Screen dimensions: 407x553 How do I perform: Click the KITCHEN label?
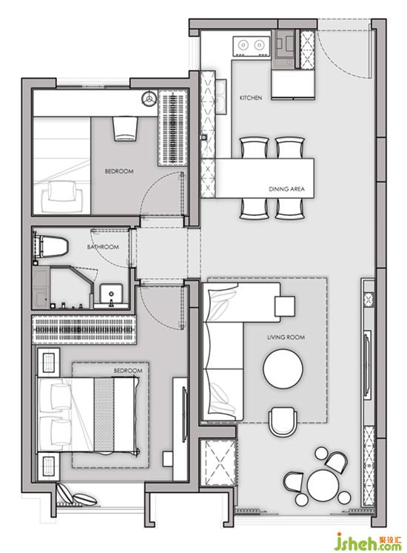pos(251,98)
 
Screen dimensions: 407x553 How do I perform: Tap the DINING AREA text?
pos(286,189)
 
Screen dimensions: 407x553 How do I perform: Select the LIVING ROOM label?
pos(286,337)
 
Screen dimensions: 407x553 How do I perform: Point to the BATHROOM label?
pos(103,247)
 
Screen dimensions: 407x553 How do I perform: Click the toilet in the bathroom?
pos(51,247)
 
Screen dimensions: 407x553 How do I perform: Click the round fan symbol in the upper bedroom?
pos(149,98)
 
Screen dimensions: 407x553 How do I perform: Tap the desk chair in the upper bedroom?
pos(125,128)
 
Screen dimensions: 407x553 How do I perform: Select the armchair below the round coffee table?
pos(283,422)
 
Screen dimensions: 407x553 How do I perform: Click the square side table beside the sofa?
pos(285,306)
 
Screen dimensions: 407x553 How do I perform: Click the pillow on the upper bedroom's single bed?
pos(62,191)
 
